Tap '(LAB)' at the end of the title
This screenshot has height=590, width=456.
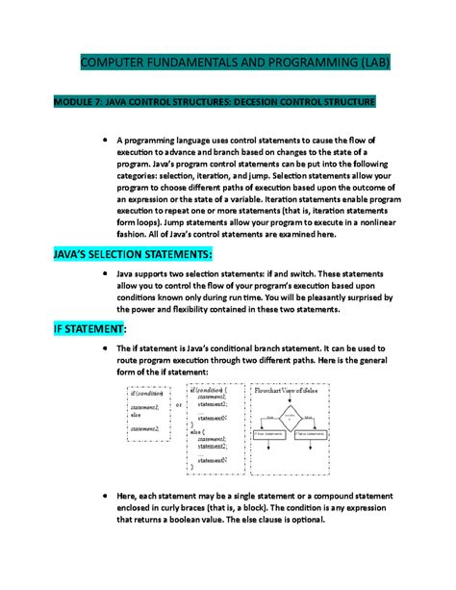point(368,64)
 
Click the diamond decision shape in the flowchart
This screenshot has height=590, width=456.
point(290,416)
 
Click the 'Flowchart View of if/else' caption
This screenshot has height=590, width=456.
point(289,393)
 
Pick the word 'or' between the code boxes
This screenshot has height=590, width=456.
point(179,405)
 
